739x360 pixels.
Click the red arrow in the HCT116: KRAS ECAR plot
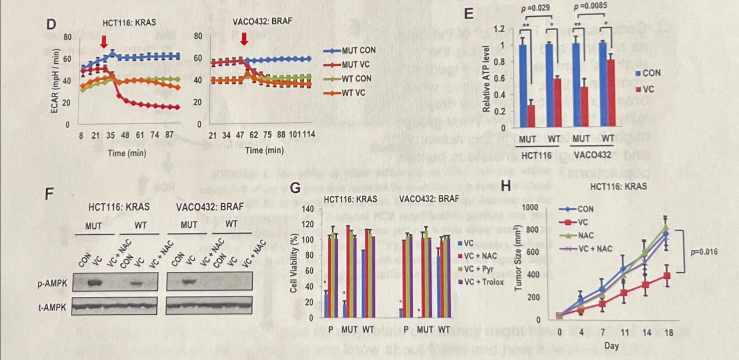coord(104,42)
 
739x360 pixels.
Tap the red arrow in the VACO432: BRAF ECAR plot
coord(244,39)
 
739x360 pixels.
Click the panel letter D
coord(51,24)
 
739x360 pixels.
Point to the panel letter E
coord(469,14)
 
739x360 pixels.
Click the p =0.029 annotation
coord(535,8)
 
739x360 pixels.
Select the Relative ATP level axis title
coord(486,79)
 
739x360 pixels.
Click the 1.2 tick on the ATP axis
coord(499,29)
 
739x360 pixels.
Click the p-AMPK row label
coord(52,283)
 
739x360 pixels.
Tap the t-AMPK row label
coord(52,307)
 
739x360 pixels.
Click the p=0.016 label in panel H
coord(704,252)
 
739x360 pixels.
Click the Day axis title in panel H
coord(611,346)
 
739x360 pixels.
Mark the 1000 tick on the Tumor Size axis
coord(529,207)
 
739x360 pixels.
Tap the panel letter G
coord(296,188)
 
